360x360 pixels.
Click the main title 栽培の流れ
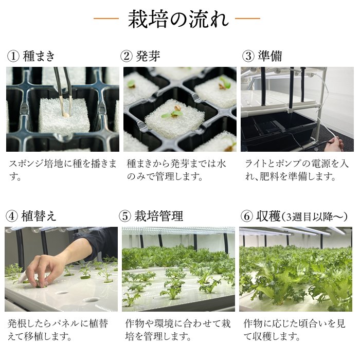coord(178,19)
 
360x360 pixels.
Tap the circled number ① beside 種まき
coord(13,56)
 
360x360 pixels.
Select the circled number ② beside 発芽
coord(127,56)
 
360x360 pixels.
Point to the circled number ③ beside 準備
coord(248,56)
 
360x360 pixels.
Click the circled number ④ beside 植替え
coord(11,217)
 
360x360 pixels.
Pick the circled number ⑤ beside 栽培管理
coord(125,217)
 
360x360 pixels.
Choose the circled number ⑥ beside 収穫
coord(247,217)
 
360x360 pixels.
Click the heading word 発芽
coord(148,56)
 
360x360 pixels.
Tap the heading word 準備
coord(270,56)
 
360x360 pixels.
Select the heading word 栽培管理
coord(158,217)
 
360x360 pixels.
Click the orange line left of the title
coord(106,19)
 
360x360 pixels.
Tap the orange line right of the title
coord(247,19)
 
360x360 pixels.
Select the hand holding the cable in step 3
coord(336,143)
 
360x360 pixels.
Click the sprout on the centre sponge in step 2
coord(173,113)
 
